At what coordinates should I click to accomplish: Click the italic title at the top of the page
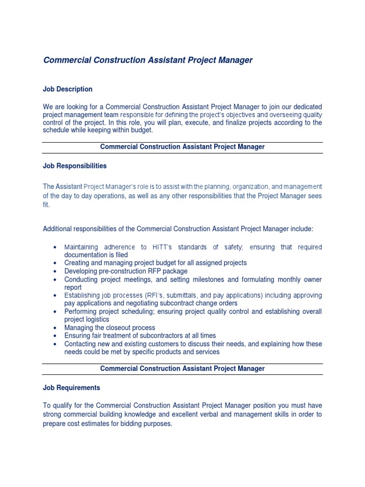(148, 60)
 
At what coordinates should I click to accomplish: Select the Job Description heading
(67, 89)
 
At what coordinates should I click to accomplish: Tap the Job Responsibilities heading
(75, 166)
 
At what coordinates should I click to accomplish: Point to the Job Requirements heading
(71, 388)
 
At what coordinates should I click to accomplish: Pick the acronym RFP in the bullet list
(153, 271)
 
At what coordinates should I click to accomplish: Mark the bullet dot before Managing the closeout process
(56, 328)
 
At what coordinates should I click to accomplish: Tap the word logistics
(97, 320)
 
